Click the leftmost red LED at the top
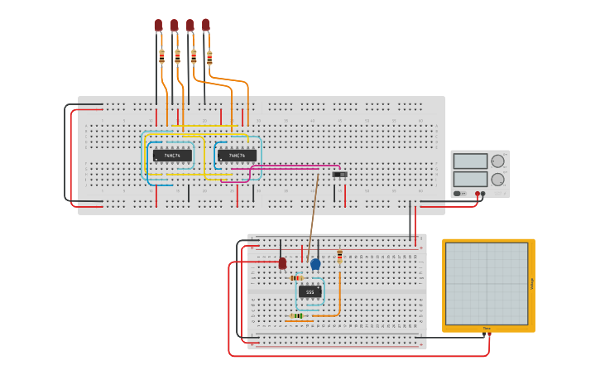click(x=158, y=26)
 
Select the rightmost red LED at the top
click(x=205, y=26)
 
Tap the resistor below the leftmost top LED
click(x=161, y=57)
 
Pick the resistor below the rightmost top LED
click(x=209, y=57)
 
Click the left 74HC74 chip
click(x=172, y=155)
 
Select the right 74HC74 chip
click(x=237, y=155)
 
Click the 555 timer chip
click(x=310, y=291)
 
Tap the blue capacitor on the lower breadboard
click(x=315, y=264)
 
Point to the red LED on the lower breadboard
click(x=282, y=263)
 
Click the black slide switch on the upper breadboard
click(x=338, y=175)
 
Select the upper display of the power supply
click(x=471, y=161)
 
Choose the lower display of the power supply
click(x=471, y=179)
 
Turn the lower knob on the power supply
click(x=497, y=179)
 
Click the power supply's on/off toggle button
click(x=457, y=194)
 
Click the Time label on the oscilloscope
click(x=487, y=329)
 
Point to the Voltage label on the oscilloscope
click(x=531, y=284)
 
